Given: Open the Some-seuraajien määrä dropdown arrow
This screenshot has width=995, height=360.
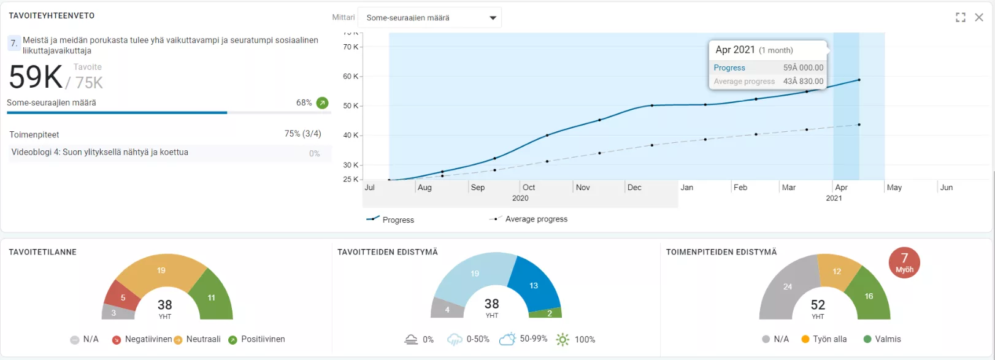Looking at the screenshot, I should [493, 18].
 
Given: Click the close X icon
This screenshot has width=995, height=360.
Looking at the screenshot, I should [979, 17].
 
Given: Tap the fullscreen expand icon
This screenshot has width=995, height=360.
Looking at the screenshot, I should [961, 17].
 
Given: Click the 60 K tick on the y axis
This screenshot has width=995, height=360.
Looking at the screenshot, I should [350, 77].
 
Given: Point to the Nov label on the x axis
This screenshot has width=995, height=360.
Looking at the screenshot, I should [583, 188].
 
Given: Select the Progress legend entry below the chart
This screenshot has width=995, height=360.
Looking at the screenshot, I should [398, 220].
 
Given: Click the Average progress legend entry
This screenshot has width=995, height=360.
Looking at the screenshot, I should [536, 219].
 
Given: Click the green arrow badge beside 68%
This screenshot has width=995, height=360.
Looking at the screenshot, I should [322, 103].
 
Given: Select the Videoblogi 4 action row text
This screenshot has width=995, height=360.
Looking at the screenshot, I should [99, 153].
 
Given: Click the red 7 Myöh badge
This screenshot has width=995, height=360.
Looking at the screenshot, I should [904, 262].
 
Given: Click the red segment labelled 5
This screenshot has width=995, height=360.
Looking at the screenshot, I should [123, 297].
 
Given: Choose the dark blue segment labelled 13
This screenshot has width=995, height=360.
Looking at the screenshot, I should [534, 285].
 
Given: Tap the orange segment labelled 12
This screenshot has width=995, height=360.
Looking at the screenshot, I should [837, 271].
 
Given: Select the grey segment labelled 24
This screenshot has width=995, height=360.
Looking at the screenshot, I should [788, 286].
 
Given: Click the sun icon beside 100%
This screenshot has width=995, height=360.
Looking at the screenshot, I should [563, 339].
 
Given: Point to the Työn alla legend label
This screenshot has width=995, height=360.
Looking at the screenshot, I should [829, 339].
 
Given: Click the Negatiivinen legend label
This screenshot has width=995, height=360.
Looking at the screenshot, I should [148, 339].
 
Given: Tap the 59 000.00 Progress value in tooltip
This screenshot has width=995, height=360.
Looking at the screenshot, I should [803, 68].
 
